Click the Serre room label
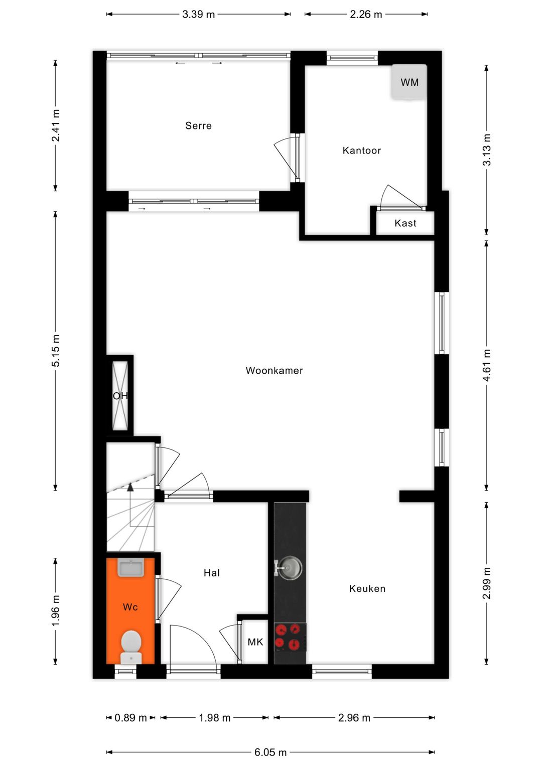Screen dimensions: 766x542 pos(198,126)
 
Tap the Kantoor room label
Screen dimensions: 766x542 pos(361,150)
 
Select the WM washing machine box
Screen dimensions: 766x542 pos(409,82)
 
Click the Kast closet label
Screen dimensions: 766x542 pos(405,223)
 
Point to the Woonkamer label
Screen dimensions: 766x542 pos(274,371)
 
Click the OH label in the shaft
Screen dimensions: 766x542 pos(120,396)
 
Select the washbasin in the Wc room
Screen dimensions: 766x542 pos(130,568)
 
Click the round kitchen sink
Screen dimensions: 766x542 pos(290,568)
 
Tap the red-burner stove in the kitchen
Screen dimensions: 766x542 pos(290,637)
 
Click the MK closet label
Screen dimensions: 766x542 pos(255,642)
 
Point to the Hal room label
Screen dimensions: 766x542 pos(211,573)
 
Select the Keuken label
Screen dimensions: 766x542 pos(367,589)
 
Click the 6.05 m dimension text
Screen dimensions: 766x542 pos(270,752)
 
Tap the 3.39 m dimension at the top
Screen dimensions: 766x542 pos(198,14)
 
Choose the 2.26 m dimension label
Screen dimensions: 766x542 pos(366,14)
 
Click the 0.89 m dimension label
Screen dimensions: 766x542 pos(130,718)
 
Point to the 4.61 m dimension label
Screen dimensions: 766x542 pos(486,365)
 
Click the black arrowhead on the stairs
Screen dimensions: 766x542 pos(130,486)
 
